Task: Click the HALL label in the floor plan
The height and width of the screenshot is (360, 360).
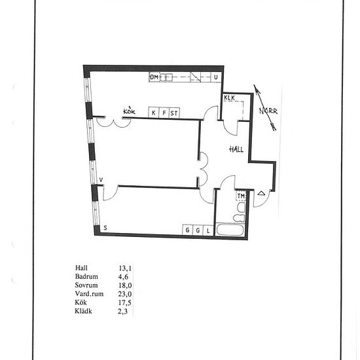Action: tap(236, 149)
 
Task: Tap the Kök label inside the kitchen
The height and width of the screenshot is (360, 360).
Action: tap(129, 111)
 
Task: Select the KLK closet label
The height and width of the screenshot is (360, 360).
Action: tap(229, 98)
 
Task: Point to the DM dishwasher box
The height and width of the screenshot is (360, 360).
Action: tap(154, 77)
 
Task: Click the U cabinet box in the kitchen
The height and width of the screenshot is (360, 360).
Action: tap(216, 77)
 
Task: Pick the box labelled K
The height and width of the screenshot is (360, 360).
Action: tap(154, 113)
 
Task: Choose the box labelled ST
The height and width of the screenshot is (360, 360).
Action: tap(174, 113)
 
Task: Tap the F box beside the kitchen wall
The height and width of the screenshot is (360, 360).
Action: tap(164, 113)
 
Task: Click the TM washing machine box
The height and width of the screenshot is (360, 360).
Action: tap(241, 196)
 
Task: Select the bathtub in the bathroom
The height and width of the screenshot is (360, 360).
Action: tap(230, 230)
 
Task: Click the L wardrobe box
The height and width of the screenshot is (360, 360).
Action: tap(208, 230)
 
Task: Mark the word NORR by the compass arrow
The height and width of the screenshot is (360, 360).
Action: tap(268, 111)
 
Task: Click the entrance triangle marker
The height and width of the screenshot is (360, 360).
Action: tap(261, 193)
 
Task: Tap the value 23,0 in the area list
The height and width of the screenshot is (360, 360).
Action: tap(125, 294)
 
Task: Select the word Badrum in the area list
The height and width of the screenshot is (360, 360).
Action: tap(86, 276)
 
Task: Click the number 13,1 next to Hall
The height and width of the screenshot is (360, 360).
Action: tap(125, 268)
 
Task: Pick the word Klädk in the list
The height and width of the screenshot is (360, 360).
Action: tap(83, 311)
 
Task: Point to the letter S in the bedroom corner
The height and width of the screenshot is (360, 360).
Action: tap(105, 228)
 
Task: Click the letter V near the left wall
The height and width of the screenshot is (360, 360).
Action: tap(101, 180)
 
